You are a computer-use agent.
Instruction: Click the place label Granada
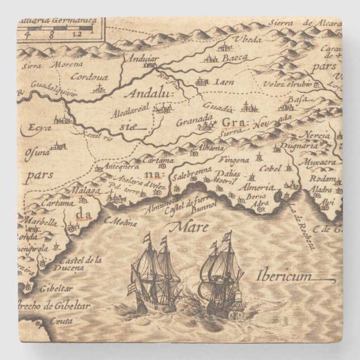click(194, 119)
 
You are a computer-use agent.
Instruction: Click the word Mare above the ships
click(190, 227)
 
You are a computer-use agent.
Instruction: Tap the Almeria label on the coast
click(257, 187)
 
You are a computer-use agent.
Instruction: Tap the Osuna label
click(36, 151)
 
